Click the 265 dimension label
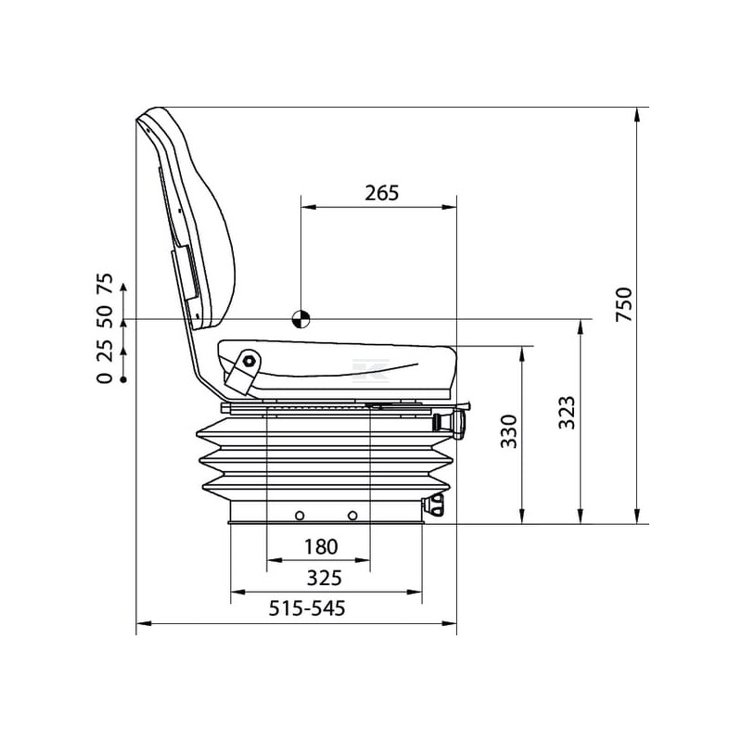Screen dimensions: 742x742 coord(382,193)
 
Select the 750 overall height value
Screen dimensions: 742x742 coord(624,305)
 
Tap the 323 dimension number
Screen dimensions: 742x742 coord(567,412)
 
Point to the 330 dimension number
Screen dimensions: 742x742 coord(509,431)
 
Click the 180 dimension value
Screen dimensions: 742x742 coord(321,547)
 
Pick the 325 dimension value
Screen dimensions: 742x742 coord(324,578)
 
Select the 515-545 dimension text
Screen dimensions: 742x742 coord(307,608)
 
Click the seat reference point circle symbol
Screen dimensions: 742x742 coord(301,319)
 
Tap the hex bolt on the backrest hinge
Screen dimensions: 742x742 coord(249,362)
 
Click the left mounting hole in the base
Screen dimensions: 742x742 coord(299,516)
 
